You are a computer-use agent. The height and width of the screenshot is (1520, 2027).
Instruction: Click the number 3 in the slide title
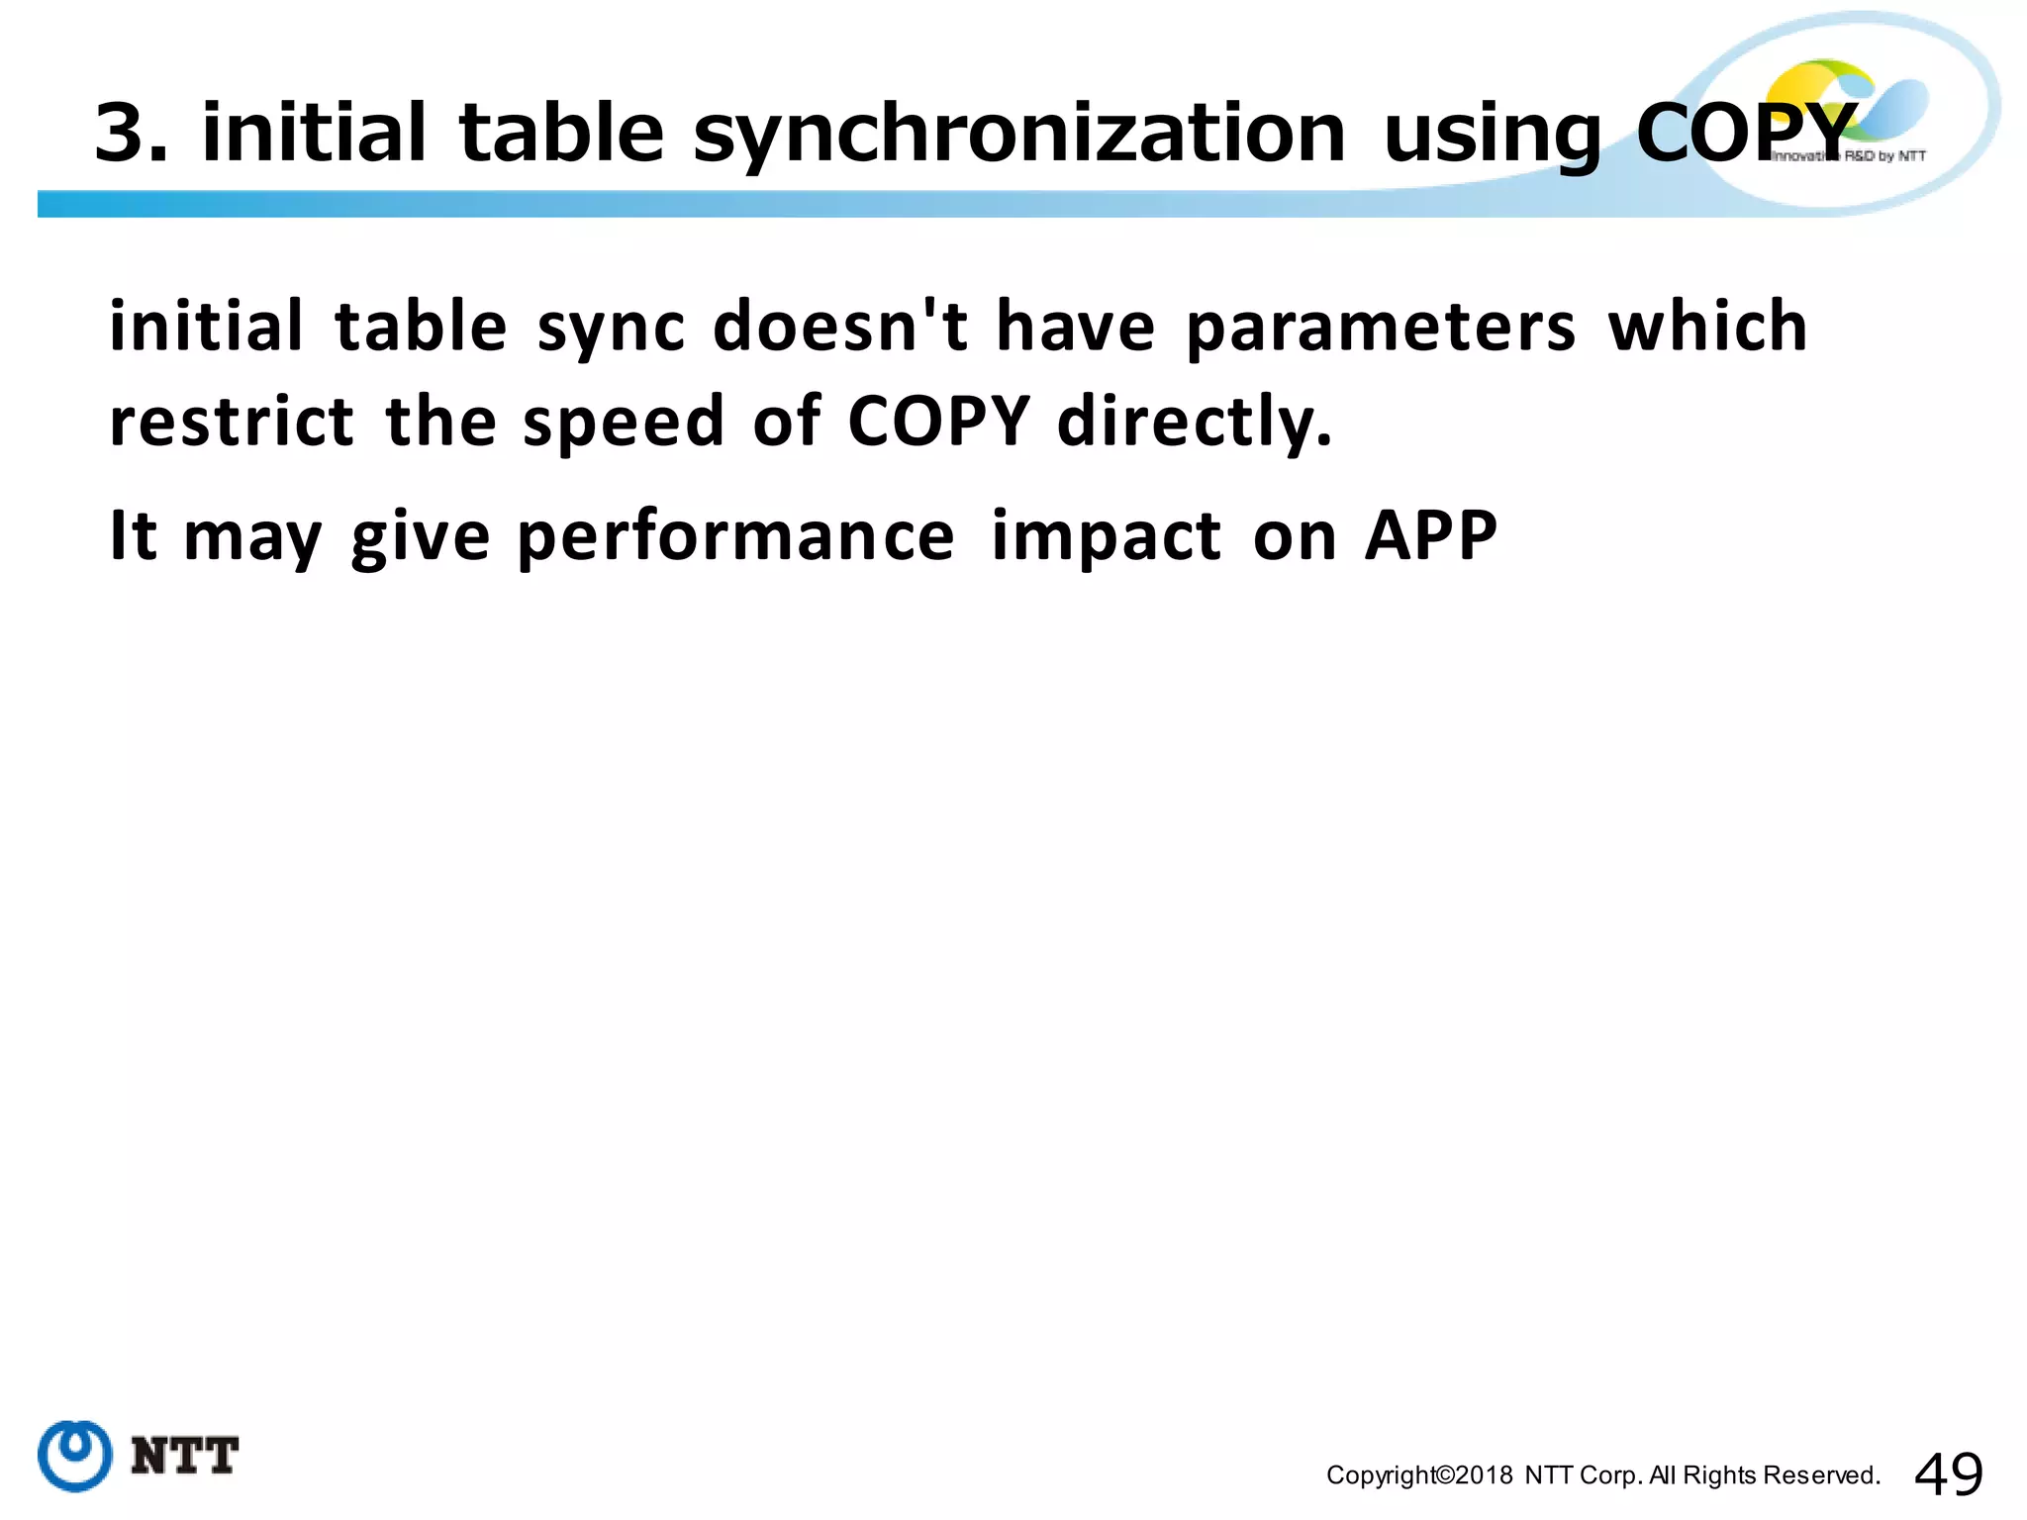point(123,134)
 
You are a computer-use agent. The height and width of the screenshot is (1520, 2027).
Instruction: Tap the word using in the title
point(1492,134)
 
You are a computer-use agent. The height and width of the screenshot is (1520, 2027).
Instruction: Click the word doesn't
point(840,326)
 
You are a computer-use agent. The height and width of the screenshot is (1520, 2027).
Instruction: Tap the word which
point(1707,326)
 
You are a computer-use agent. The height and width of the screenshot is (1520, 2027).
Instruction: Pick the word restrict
point(232,421)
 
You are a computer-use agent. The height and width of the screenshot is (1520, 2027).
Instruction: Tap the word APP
point(1430,535)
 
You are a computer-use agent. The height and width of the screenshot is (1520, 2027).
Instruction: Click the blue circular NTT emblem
point(75,1456)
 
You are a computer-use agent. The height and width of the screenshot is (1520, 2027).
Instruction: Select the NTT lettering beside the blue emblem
point(184,1456)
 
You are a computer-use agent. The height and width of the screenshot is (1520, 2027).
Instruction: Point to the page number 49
point(1949,1474)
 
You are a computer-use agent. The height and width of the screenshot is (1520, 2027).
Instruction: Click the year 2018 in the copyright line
point(1485,1475)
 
